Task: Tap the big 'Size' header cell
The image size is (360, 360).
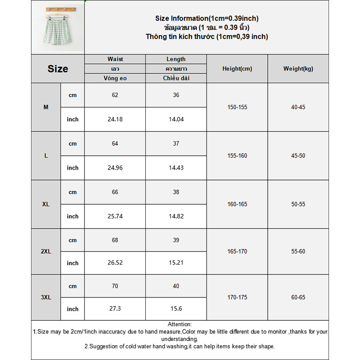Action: pyautogui.click(x=58, y=69)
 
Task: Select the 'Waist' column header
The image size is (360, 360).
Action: pyautogui.click(x=115, y=59)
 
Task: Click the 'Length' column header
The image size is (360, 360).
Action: pyautogui.click(x=176, y=59)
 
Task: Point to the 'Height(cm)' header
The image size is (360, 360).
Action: pyautogui.click(x=237, y=69)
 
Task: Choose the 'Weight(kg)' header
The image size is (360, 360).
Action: pyautogui.click(x=298, y=69)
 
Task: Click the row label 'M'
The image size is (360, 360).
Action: pyautogui.click(x=46, y=108)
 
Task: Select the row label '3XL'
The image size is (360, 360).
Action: pyautogui.click(x=46, y=297)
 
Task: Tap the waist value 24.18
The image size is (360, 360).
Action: pyautogui.click(x=115, y=119)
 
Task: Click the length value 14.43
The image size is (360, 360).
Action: pyautogui.click(x=176, y=168)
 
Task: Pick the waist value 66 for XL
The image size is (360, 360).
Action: pyautogui.click(x=115, y=192)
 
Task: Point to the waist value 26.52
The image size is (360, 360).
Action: pyautogui.click(x=115, y=263)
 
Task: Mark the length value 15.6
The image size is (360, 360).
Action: pyautogui.click(x=176, y=309)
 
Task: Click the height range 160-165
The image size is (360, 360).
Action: pyautogui.click(x=237, y=204)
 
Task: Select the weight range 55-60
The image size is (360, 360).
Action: pyautogui.click(x=298, y=252)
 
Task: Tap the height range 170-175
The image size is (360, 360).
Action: pyautogui.click(x=237, y=297)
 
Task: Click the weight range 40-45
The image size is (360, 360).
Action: pyautogui.click(x=298, y=108)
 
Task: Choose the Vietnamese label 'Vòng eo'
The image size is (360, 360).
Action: pyautogui.click(x=115, y=78)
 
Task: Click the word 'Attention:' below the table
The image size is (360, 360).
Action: pyautogui.click(x=180, y=324)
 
